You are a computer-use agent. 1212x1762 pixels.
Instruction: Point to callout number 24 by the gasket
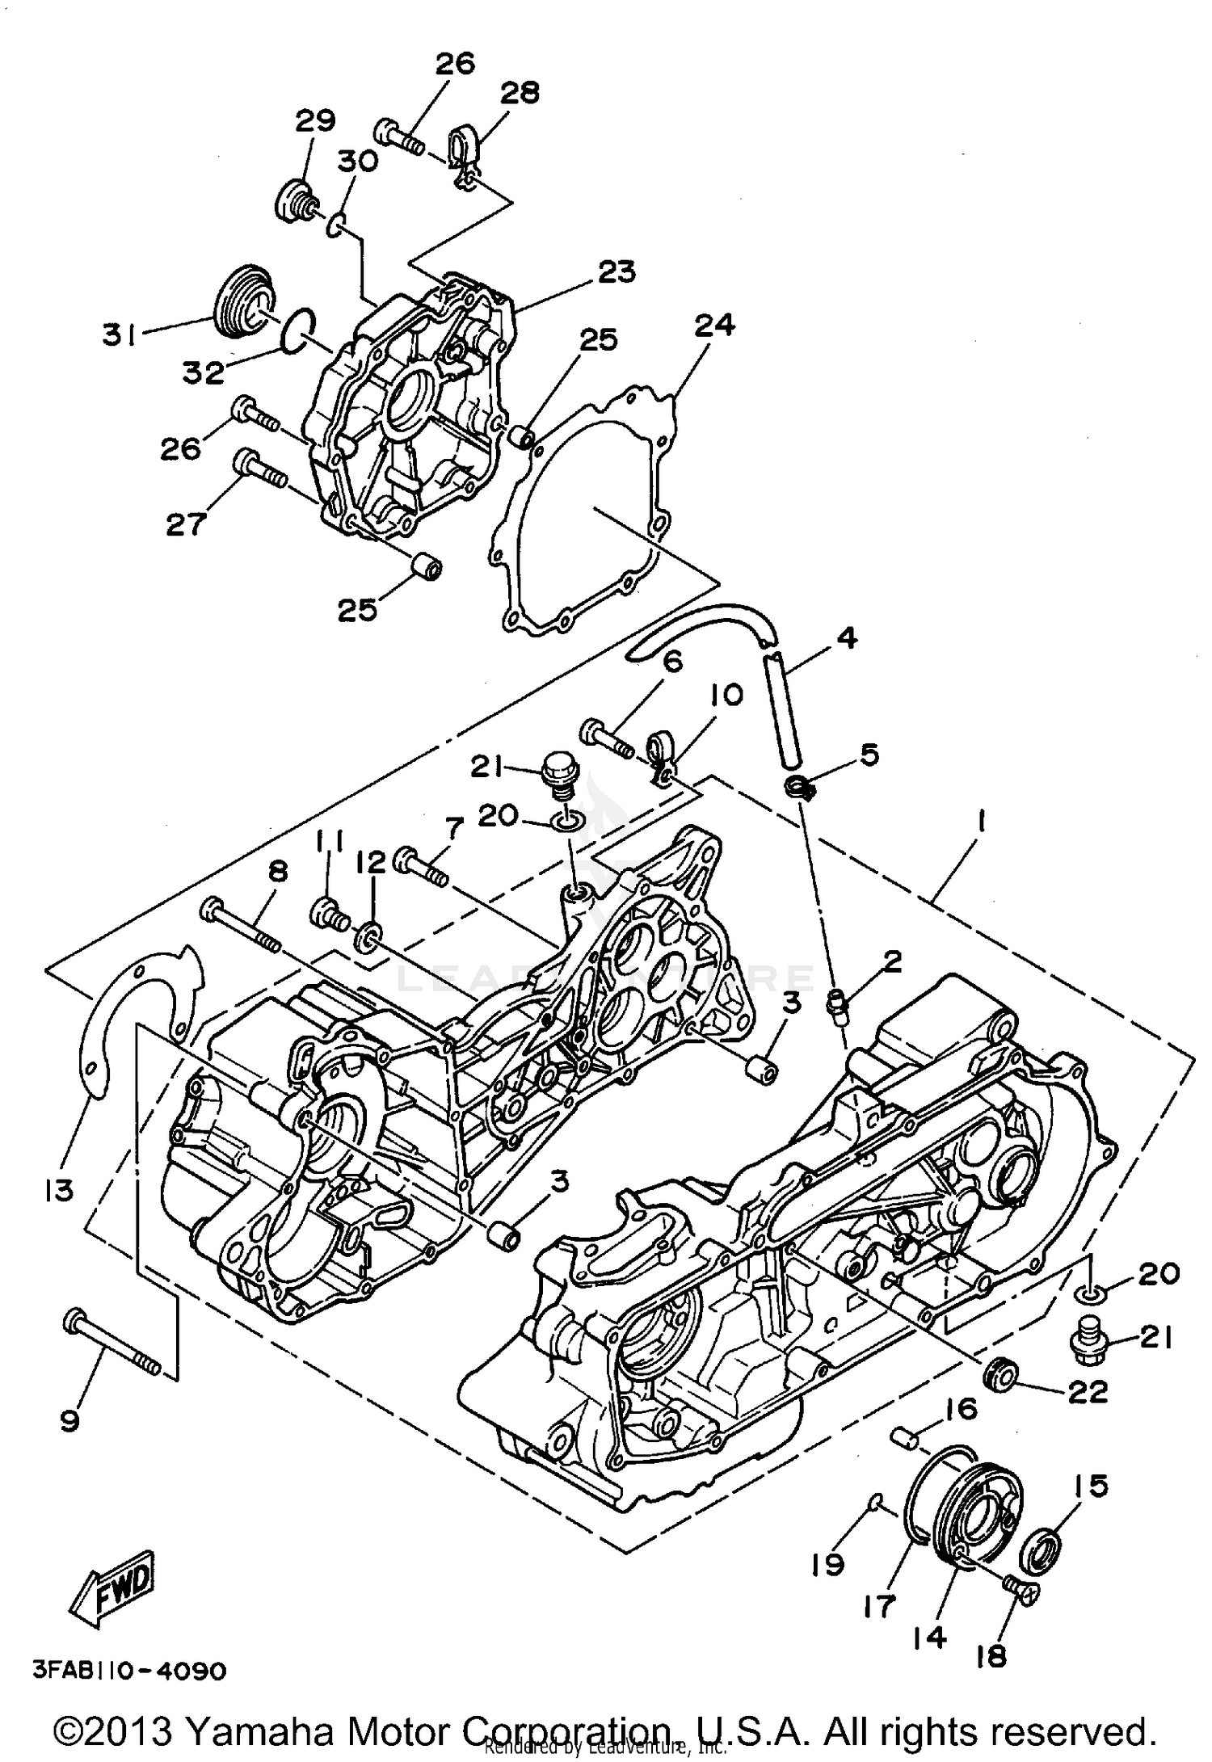pyautogui.click(x=714, y=325)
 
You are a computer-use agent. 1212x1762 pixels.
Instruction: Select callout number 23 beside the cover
pyautogui.click(x=616, y=272)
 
